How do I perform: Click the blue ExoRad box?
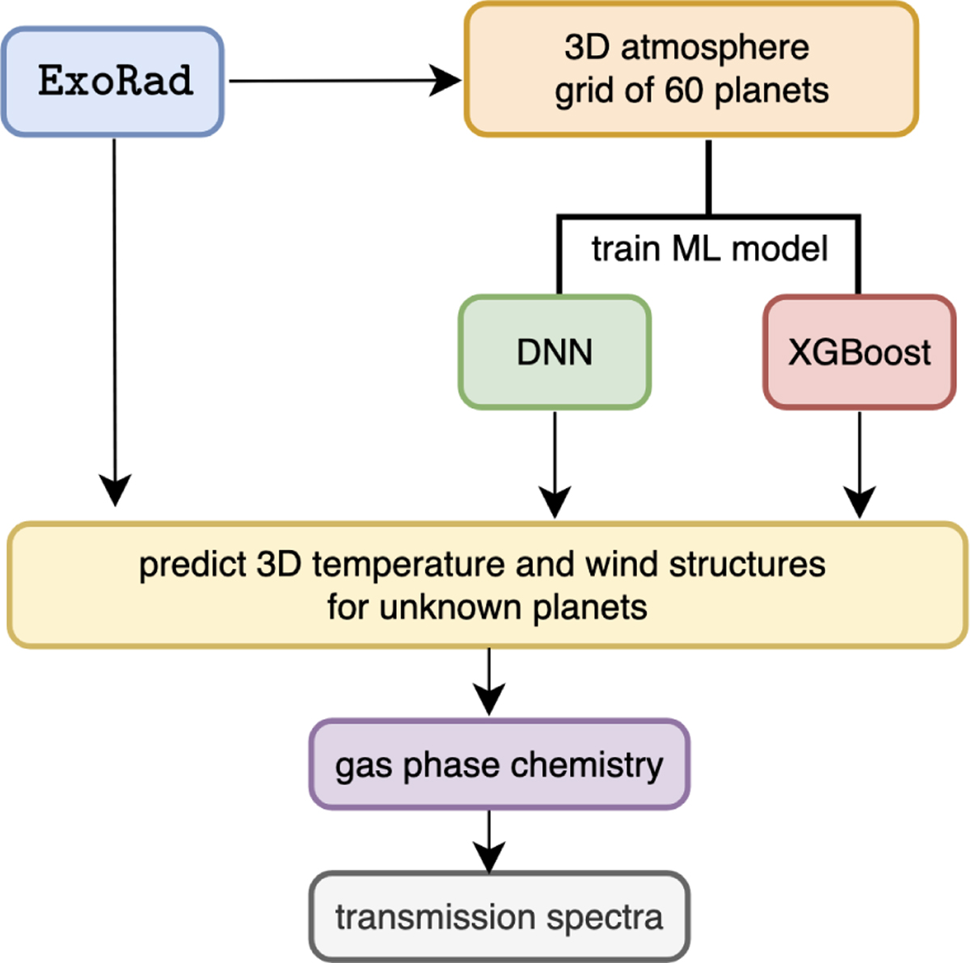point(112,81)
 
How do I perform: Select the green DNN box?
point(555,352)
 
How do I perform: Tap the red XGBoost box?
point(859,352)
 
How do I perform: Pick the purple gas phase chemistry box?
point(499,764)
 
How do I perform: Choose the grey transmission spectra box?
point(499,917)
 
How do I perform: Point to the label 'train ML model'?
point(709,249)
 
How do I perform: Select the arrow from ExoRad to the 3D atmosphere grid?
point(344,81)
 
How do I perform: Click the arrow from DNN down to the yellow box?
point(555,465)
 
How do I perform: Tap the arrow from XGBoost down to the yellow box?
point(859,465)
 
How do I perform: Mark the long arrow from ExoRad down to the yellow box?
point(114,323)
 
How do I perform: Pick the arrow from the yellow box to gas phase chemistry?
point(489,683)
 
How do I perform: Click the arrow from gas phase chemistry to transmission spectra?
point(489,840)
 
